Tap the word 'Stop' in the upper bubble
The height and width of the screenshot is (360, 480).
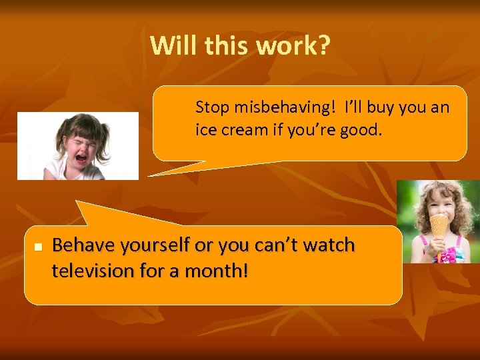(x=211, y=107)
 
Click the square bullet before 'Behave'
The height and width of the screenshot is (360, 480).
(x=38, y=247)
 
